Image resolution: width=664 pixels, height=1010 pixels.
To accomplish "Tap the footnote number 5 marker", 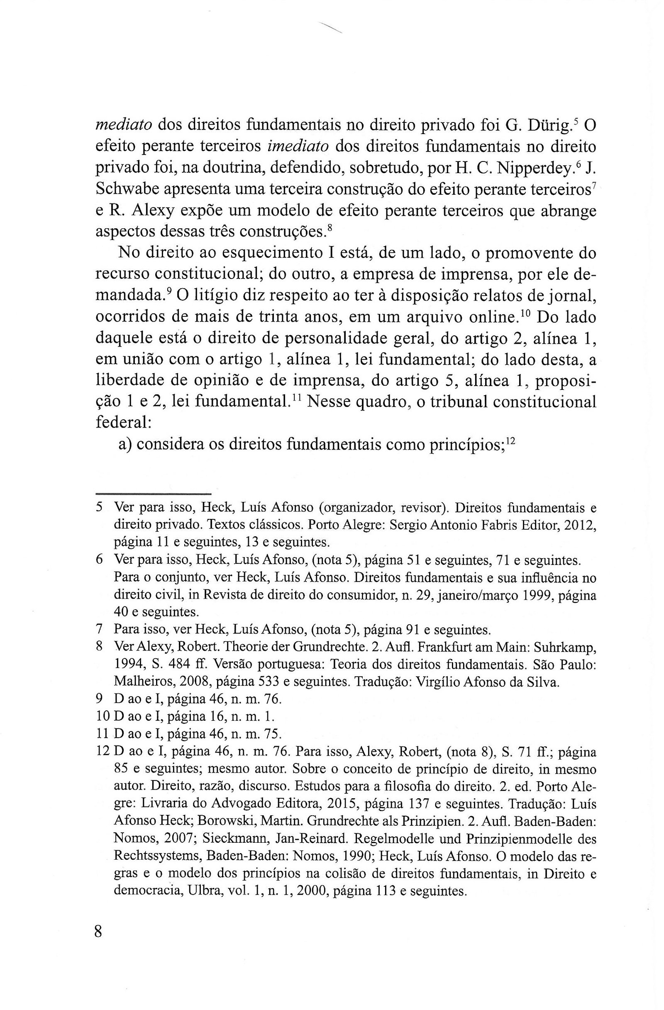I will click(99, 507).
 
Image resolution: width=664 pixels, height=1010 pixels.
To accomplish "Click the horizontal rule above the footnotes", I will click(153, 494).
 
